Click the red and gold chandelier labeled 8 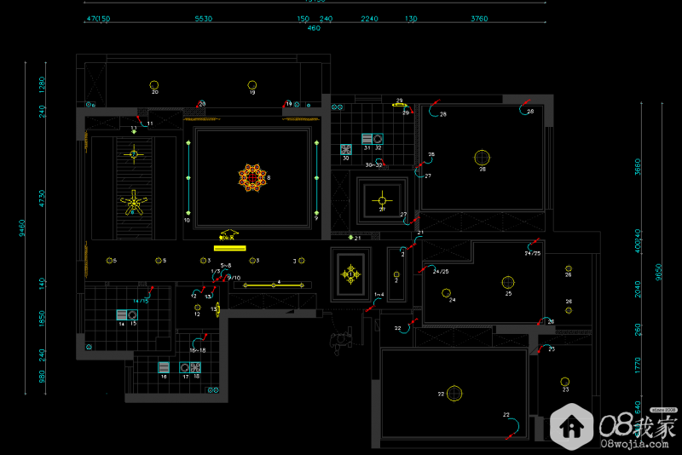click(252, 176)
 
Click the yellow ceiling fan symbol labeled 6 click(133, 204)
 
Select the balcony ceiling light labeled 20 click(154, 84)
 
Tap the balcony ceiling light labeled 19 click(251, 84)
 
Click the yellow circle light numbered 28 click(482, 157)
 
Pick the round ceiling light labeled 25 click(508, 282)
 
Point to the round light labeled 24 click(446, 293)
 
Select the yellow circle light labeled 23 click(564, 381)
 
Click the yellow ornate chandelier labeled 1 click(351, 274)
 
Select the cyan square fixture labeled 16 click(163, 367)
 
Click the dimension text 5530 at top click(203, 18)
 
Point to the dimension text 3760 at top click(479, 18)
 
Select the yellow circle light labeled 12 click(197, 308)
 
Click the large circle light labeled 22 click(454, 393)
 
